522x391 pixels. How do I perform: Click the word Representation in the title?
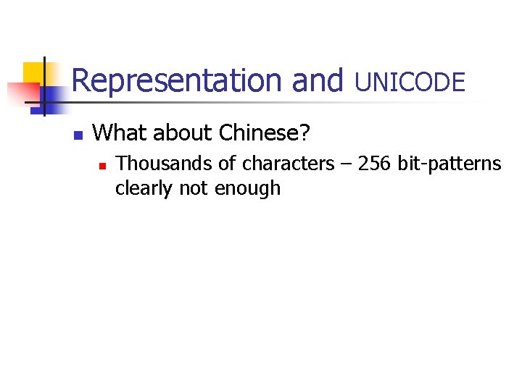click(177, 81)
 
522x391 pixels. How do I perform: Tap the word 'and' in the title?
click(317, 81)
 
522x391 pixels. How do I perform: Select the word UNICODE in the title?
click(410, 83)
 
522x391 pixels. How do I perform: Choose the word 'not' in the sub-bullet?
click(191, 189)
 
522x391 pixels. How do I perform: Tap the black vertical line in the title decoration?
click(44, 87)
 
